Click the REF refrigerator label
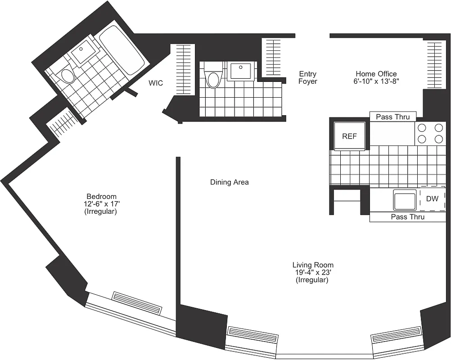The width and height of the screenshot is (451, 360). point(349,136)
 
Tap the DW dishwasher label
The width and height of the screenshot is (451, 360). point(432,198)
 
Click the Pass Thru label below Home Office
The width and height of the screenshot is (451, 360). point(393,117)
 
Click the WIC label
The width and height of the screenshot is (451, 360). point(156,83)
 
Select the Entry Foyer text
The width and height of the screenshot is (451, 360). point(308,77)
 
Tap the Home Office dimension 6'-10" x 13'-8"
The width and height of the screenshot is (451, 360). point(376,81)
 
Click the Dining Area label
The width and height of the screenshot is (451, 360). point(229,182)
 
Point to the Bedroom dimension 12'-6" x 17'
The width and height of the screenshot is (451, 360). point(101,204)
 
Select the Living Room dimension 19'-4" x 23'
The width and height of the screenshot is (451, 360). point(313,273)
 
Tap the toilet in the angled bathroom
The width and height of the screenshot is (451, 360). point(68,75)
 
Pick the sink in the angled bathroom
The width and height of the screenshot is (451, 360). point(84,53)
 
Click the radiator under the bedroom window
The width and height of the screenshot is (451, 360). point(136,303)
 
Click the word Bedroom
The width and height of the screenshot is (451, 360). point(101,196)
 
